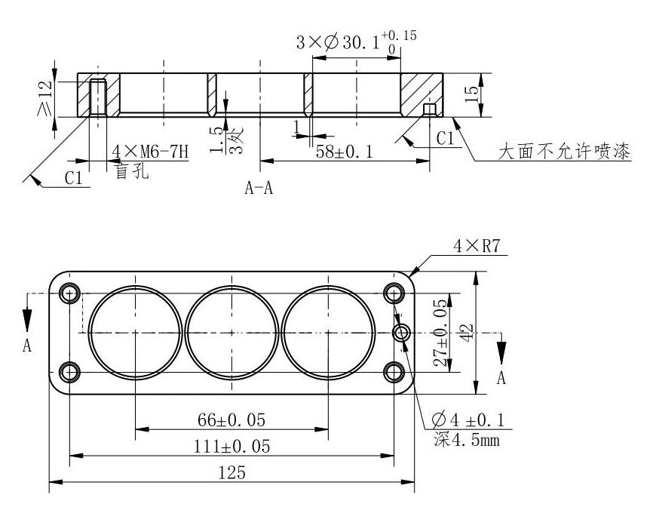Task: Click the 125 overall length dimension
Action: pos(232,473)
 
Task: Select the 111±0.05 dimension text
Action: pos(232,446)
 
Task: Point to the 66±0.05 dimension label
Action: pos(232,419)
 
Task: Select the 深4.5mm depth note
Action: pos(467,438)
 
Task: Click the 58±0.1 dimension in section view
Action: pos(343,151)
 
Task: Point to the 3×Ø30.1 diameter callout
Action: pos(354,43)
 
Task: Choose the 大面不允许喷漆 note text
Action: pos(565,152)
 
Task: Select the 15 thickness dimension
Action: pos(472,94)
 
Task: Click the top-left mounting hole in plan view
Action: pos(70,293)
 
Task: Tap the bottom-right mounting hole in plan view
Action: pos(394,371)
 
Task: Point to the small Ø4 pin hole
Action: pos(402,332)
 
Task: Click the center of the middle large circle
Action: pos(231,332)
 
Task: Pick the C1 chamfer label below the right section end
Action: pos(446,138)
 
